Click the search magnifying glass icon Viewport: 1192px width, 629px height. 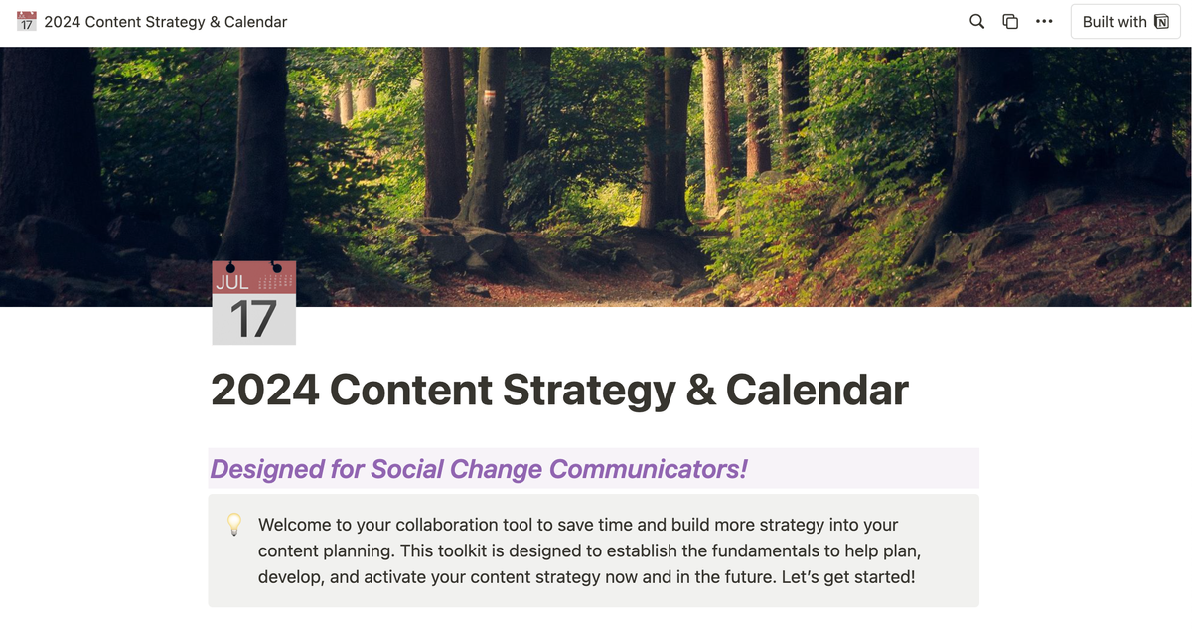976,21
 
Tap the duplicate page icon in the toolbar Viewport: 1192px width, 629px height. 1010,21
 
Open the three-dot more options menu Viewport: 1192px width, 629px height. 1044,21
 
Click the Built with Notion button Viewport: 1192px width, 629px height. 1125,21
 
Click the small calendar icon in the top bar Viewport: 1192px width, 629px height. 26,21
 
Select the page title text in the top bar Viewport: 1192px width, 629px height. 166,22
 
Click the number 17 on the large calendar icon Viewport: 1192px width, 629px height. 253,319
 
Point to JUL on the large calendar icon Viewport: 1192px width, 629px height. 232,282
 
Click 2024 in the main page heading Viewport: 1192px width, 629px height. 265,390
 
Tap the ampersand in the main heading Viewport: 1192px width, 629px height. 700,390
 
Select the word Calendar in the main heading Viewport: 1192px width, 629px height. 817,390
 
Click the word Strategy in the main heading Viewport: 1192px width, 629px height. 589,392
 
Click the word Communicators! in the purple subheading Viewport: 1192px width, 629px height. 648,469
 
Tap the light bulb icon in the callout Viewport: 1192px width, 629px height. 234,525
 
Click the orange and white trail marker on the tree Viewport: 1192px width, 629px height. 489,96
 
